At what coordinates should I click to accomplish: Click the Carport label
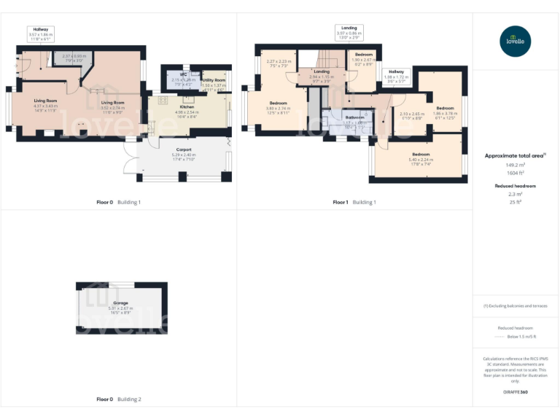pyautogui.click(x=183, y=152)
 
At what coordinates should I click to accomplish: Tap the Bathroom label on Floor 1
pyautogui.click(x=354, y=120)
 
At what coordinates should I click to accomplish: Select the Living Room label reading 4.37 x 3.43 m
pyautogui.click(x=45, y=104)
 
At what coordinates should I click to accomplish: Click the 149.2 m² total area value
pyautogui.click(x=516, y=166)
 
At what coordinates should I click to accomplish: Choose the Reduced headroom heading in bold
pyautogui.click(x=516, y=186)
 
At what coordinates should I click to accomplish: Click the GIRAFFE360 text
pyautogui.click(x=516, y=392)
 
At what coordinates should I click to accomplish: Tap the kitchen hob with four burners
pyautogui.click(x=162, y=101)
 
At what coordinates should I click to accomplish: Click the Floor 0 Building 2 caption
pyautogui.click(x=119, y=400)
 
